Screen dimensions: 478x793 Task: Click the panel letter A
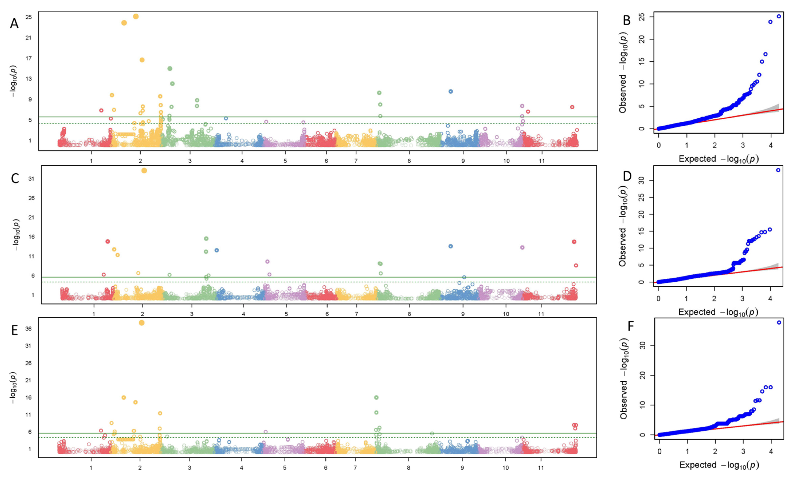[14, 23]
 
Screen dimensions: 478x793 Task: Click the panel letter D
[627, 176]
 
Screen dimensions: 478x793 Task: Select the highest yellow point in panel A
[136, 16]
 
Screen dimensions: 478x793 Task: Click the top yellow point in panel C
[144, 171]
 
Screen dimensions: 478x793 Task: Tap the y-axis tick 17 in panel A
[29, 58]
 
